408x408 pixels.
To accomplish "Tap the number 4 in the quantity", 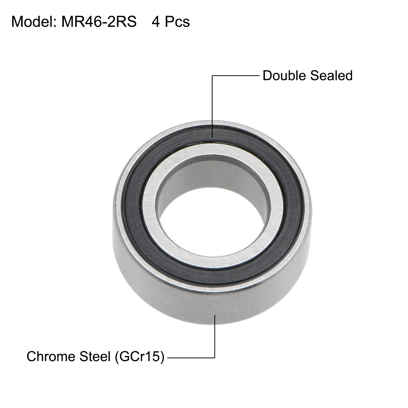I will click(155, 22).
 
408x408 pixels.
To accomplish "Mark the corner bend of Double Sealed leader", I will click(213, 76).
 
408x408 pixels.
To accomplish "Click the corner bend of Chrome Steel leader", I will click(215, 358).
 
